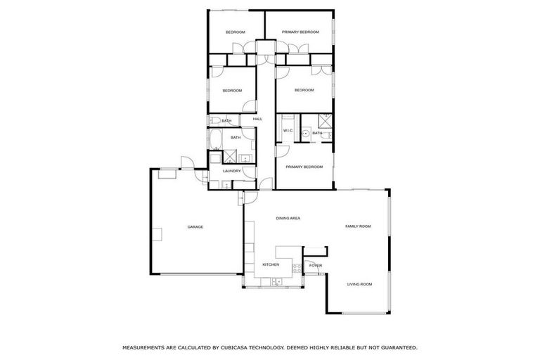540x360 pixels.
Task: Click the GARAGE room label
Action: pyautogui.click(x=195, y=226)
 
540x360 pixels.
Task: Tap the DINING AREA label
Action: pyautogui.click(x=288, y=219)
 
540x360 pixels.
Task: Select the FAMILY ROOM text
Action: pyautogui.click(x=357, y=226)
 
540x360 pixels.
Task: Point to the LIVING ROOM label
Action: pyautogui.click(x=359, y=284)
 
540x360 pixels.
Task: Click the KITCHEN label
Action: pyautogui.click(x=271, y=264)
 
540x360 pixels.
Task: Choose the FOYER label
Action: pyautogui.click(x=316, y=266)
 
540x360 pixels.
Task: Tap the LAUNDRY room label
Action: pyautogui.click(x=231, y=171)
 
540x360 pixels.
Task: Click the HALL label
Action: pyautogui.click(x=257, y=119)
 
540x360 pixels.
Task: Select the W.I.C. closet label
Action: pyautogui.click(x=288, y=131)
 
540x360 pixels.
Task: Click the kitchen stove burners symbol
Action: pyautogui.click(x=297, y=267)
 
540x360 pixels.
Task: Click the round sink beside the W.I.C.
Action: pyautogui.click(x=307, y=132)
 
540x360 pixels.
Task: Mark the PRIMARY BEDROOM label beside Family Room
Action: pyautogui.click(x=304, y=167)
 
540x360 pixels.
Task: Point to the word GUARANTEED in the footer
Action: pyautogui.click(x=394, y=347)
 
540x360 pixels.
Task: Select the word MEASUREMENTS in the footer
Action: pyautogui.click(x=146, y=347)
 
